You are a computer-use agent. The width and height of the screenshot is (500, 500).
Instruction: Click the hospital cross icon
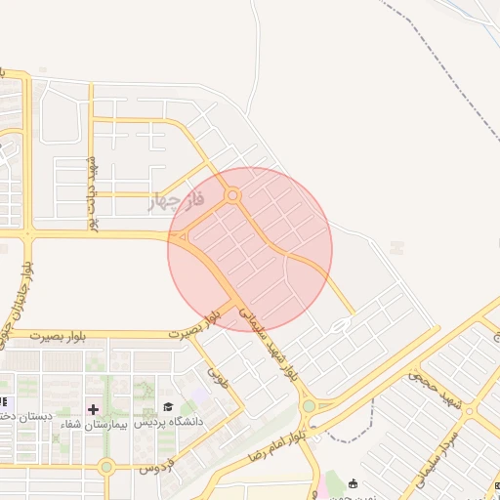pyautogui.click(x=94, y=409)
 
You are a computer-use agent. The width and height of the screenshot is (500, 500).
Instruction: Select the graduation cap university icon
pyautogui.click(x=168, y=407)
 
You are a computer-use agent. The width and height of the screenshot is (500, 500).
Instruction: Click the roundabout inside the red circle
pyautogui.click(x=232, y=196)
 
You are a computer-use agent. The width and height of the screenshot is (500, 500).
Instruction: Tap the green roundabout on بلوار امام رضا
pyautogui.click(x=309, y=405)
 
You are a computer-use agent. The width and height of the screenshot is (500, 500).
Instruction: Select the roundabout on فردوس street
pyautogui.click(x=105, y=466)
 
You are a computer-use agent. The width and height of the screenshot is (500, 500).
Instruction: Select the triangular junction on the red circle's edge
pyautogui.click(x=181, y=237)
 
